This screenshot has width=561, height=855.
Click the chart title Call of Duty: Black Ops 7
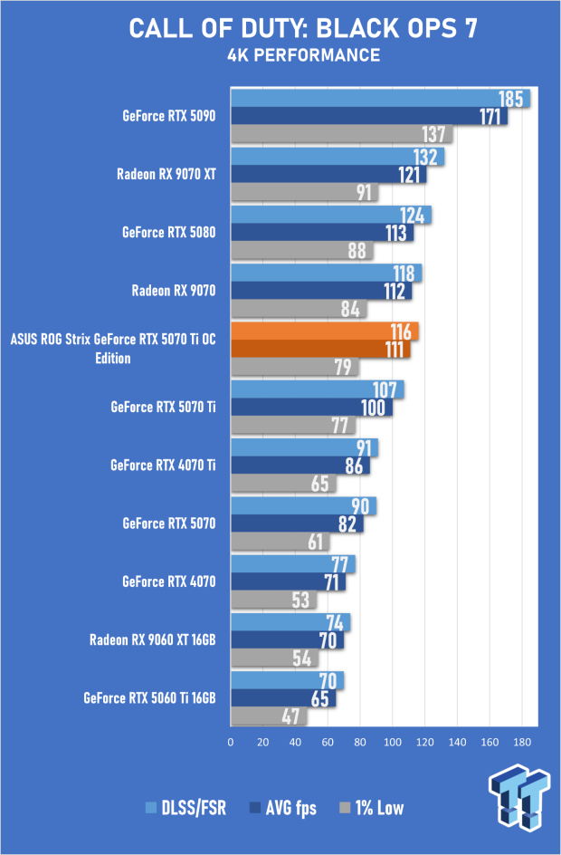303,29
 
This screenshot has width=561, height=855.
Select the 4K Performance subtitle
303,55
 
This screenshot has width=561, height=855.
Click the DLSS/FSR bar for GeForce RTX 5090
380,99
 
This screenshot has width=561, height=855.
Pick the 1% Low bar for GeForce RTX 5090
341,134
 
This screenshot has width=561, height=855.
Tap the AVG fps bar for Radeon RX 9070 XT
328,175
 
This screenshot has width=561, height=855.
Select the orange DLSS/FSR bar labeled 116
325,331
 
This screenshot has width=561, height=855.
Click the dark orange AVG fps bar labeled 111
320,349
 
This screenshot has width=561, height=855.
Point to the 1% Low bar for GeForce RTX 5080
301,250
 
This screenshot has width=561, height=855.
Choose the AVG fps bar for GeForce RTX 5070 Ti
311,408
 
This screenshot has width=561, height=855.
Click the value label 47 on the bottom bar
290,716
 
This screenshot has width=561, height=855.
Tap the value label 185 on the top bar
511,99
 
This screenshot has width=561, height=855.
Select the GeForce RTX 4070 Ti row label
163,466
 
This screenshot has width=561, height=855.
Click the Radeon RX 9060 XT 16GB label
153,639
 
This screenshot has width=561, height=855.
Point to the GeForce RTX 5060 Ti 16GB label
149,698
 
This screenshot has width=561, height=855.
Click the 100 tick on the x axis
393,742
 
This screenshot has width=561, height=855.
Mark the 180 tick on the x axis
522,742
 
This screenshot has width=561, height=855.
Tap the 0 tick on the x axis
231,742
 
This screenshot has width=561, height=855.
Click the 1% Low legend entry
372,808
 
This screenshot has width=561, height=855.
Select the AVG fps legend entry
282,808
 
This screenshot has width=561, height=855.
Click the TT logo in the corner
519,795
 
